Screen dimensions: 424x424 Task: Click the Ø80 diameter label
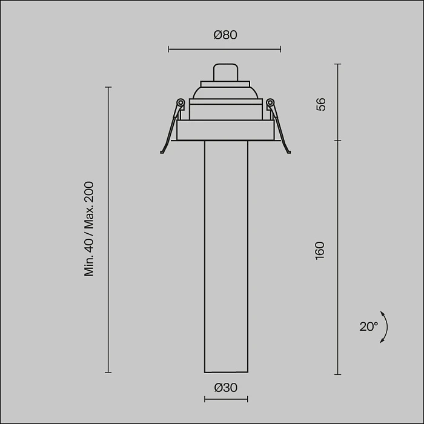coord(225,35)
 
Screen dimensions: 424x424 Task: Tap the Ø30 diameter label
coord(225,388)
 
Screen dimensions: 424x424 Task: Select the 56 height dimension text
coord(321,104)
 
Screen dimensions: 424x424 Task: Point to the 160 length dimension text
coord(320,250)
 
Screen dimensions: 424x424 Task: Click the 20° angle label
coord(368,326)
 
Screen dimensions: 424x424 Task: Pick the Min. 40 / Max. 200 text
coord(90,229)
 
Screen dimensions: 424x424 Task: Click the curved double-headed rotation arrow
coord(385,327)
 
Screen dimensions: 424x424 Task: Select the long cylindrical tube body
coord(225,254)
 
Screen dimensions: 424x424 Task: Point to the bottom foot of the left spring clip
coord(162,151)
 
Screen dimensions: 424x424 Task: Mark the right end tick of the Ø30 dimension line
coord(247,399)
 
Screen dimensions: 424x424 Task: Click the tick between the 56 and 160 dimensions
coord(337,141)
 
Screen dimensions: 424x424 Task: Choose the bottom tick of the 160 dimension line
coord(337,374)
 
